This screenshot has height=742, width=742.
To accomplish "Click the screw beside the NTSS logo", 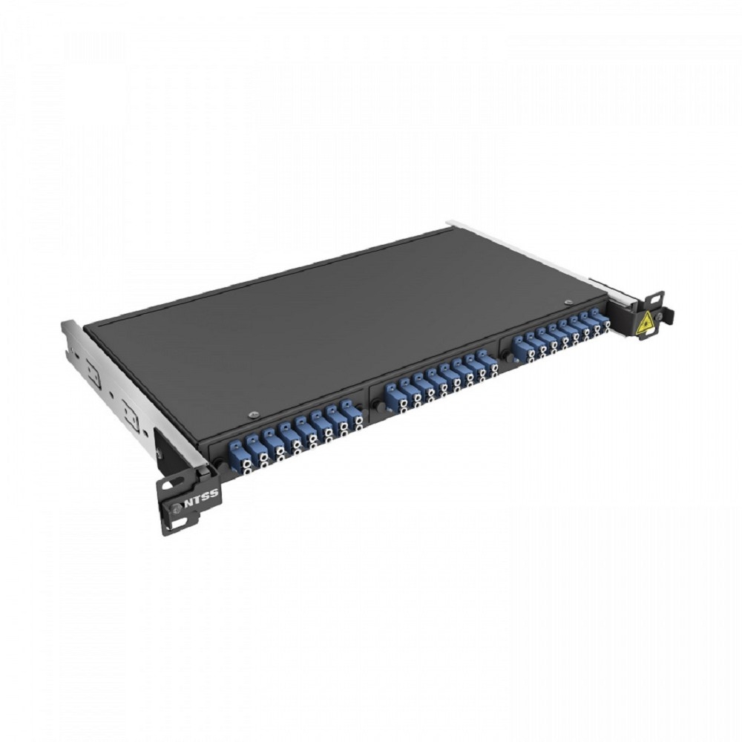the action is click(x=176, y=508).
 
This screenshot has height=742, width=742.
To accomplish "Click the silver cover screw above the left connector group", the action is click(x=254, y=415).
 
